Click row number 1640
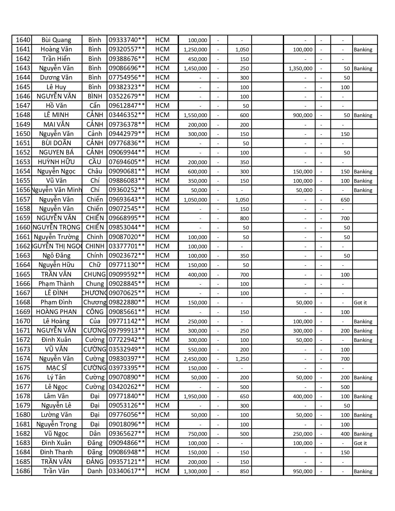23,40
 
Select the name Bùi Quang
56,40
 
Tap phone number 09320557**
127,49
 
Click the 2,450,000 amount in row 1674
195,359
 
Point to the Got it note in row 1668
360,303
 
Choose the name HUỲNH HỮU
56,162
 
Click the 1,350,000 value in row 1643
301,68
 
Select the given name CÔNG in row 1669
94,312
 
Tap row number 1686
23,471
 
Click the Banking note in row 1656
363,190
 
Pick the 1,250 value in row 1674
242,359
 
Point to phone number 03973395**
127,368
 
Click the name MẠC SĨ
56,368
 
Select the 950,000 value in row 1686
303,471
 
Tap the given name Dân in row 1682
94,434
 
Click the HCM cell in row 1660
162,227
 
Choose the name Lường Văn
56,415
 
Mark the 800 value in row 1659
244,218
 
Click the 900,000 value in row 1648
303,115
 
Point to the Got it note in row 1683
360,443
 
